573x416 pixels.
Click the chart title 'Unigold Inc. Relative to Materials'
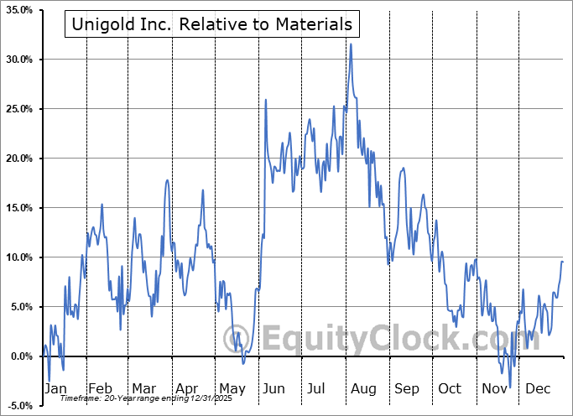tap(211, 24)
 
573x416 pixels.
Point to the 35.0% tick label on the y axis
tap(18, 10)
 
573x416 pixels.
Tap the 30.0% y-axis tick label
tap(18, 60)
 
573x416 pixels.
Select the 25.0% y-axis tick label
tap(18, 109)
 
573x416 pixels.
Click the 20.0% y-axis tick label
tap(18, 159)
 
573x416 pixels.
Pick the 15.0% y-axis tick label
tap(18, 208)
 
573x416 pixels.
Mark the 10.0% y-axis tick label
tap(18, 257)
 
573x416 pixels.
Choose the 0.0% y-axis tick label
tap(20, 356)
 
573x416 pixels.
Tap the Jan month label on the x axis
tap(55, 388)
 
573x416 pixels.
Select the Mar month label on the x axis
tap(143, 388)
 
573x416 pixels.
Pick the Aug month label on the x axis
tap(363, 388)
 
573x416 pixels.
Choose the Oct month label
tap(451, 388)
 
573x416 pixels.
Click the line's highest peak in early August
tap(351, 44)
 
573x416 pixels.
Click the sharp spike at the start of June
tap(266, 100)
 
